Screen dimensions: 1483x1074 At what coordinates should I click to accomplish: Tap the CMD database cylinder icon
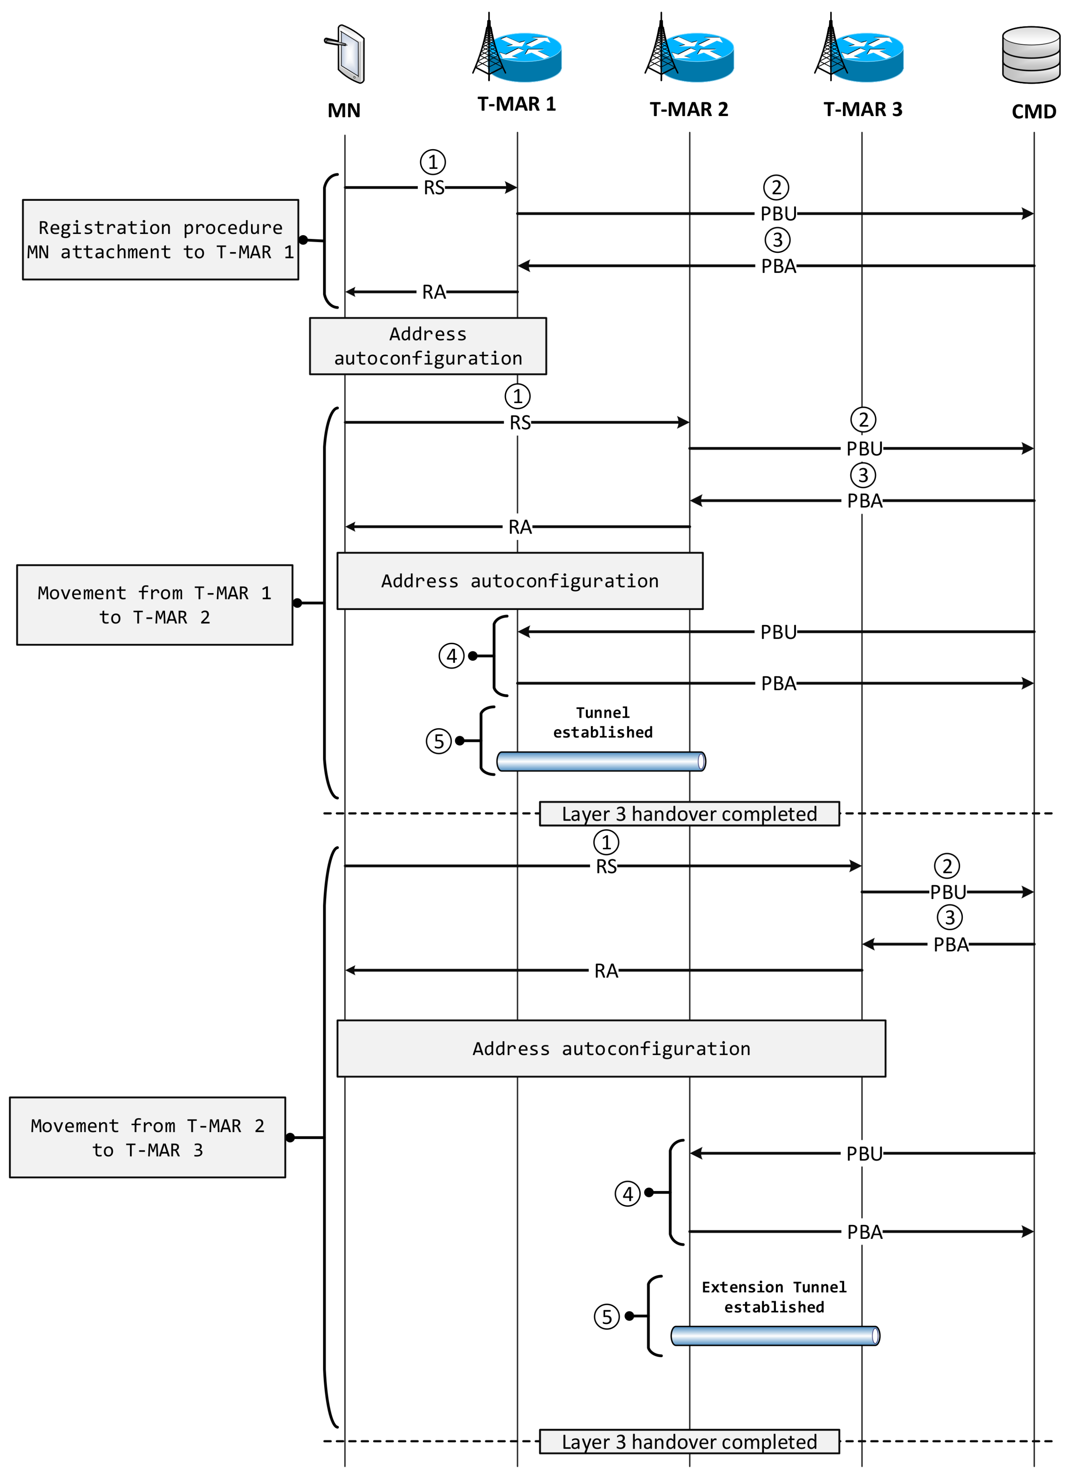point(1031,55)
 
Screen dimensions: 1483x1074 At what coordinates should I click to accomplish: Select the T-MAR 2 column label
point(689,109)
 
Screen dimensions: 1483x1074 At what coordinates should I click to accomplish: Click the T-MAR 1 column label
point(517,104)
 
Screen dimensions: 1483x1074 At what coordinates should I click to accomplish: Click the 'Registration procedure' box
point(160,239)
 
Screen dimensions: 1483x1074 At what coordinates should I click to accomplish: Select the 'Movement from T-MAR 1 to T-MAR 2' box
point(155,605)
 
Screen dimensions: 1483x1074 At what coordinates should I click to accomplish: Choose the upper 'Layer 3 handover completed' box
point(689,814)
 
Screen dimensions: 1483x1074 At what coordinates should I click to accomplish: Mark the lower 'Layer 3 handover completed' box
point(689,1442)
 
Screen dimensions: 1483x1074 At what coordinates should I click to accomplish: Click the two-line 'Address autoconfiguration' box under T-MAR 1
point(428,346)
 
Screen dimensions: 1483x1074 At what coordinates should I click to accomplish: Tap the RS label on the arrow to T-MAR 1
point(434,188)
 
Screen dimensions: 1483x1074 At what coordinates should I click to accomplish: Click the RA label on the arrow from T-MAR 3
point(606,971)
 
